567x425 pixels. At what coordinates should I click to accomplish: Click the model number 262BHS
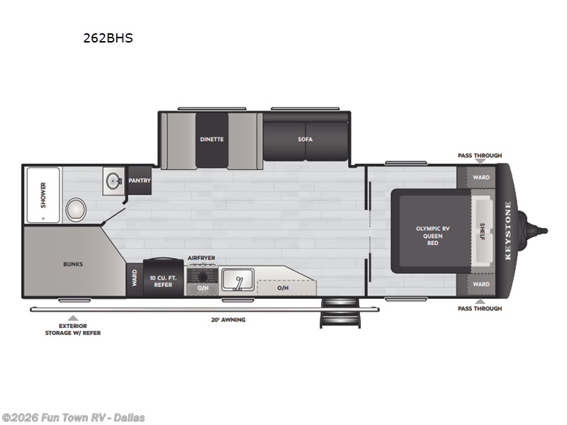pos(108,38)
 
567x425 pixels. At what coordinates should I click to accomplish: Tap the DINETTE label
pos(211,139)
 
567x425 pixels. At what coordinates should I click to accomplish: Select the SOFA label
pos(305,139)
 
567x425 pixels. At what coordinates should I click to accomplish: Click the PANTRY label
pos(140,181)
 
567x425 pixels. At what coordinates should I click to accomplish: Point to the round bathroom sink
pos(113,181)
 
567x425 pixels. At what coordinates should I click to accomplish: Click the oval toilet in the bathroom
pos(76,210)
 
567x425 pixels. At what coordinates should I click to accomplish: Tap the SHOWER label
pos(43,195)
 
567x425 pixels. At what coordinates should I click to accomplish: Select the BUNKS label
pos(72,264)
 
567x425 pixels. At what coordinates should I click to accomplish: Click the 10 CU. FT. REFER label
pos(163,280)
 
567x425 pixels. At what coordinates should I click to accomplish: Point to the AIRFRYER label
pos(201,258)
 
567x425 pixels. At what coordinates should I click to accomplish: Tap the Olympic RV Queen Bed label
pos(432,235)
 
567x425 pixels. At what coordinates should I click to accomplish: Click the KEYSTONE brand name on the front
pos(507,232)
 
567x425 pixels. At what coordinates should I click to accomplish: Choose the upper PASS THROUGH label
pos(479,155)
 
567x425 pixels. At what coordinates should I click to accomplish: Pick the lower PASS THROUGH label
pos(479,309)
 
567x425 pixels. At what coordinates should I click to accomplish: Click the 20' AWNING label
pos(228,319)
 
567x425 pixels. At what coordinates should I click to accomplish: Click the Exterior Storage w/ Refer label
pos(72,329)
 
